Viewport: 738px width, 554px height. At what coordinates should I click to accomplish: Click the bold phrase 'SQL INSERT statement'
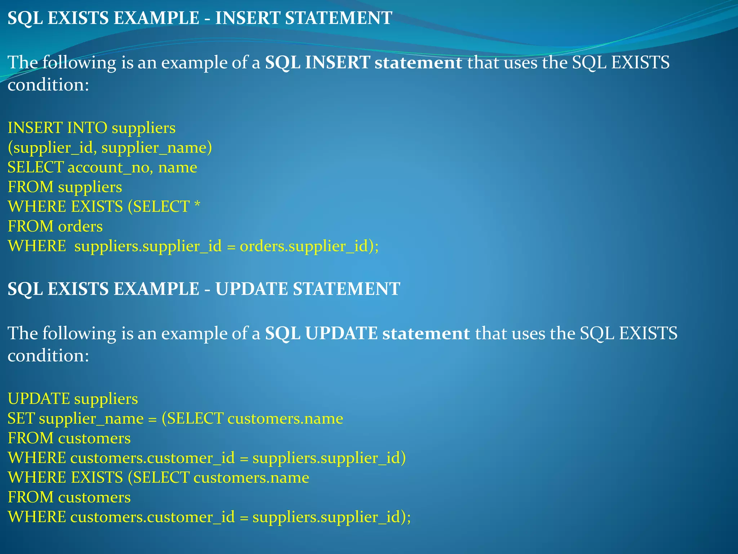point(363,62)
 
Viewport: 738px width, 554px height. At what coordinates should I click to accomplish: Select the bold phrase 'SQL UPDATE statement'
point(367,333)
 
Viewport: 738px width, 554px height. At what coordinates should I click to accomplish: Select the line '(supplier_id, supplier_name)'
point(110,148)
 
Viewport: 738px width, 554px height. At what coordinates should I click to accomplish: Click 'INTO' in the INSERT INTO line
point(87,128)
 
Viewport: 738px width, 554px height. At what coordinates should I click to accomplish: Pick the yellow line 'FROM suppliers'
point(65,187)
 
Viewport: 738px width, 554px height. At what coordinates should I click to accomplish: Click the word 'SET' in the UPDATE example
point(21,419)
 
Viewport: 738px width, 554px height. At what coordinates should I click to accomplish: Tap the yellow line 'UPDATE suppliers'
point(73,399)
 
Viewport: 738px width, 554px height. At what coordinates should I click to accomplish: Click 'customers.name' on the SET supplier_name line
point(285,419)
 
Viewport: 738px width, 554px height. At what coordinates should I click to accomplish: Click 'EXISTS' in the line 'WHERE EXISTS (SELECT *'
point(97,207)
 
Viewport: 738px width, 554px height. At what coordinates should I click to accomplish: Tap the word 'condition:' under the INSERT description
point(48,85)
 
